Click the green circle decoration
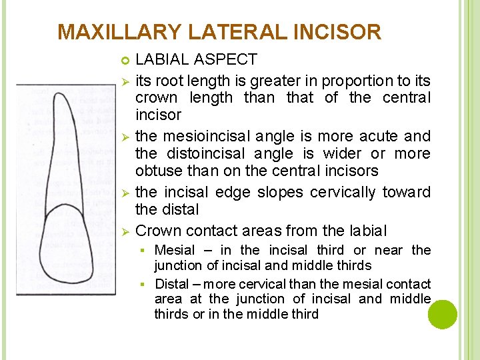click(442, 314)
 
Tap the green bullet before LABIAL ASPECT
click(125, 61)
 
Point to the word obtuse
click(158, 171)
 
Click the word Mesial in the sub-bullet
click(175, 250)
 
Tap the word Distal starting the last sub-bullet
click(172, 284)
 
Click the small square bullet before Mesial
click(143, 251)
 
